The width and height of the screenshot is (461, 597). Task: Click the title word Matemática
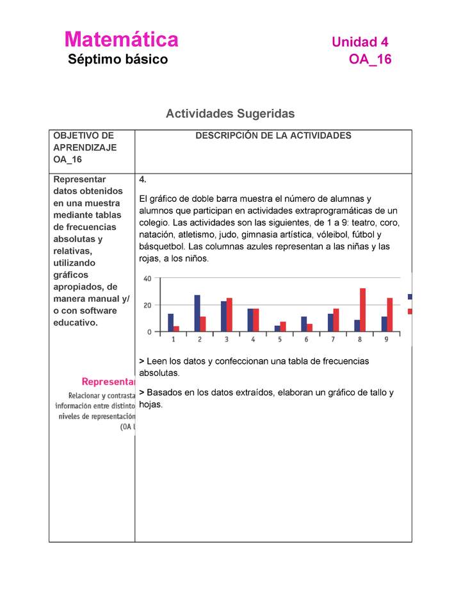pyautogui.click(x=121, y=40)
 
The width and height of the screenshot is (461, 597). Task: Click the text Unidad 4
pyautogui.click(x=360, y=42)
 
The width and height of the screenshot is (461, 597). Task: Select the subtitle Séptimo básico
pyautogui.click(x=118, y=60)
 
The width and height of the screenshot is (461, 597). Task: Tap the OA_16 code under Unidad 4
pyautogui.click(x=369, y=60)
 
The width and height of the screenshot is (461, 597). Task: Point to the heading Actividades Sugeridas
pyautogui.click(x=230, y=113)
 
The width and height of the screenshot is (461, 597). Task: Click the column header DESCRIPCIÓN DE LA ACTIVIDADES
pyautogui.click(x=273, y=136)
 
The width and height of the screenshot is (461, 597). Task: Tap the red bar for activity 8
pyautogui.click(x=362, y=310)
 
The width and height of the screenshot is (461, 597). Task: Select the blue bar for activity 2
pyautogui.click(x=197, y=313)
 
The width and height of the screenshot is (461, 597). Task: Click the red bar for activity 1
pyautogui.click(x=176, y=329)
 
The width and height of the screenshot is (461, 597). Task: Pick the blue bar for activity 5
pyautogui.click(x=277, y=328)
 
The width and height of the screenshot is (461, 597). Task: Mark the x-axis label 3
pyautogui.click(x=226, y=339)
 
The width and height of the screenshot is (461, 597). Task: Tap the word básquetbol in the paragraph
pyautogui.click(x=159, y=247)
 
